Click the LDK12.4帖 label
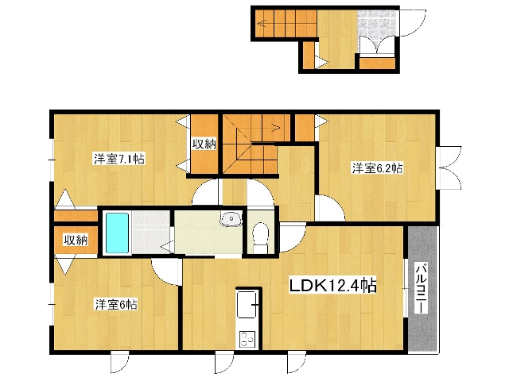click(x=332, y=286)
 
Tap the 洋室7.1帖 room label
click(x=119, y=159)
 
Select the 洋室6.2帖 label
click(x=377, y=168)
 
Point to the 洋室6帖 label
click(x=116, y=305)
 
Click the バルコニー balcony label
click(x=422, y=289)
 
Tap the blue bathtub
click(x=117, y=233)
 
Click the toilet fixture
click(x=260, y=237)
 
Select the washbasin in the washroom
click(x=231, y=219)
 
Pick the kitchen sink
click(x=247, y=305)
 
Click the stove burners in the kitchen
click(x=247, y=340)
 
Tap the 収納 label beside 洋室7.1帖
click(x=204, y=144)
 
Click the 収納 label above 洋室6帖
click(x=76, y=240)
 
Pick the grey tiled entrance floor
click(x=377, y=25)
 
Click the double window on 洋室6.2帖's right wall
click(x=449, y=167)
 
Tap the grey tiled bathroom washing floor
click(x=151, y=233)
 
